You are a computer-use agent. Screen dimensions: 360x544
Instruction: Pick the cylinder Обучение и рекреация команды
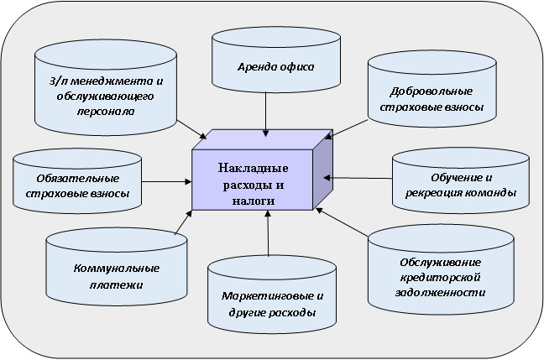tap(459, 183)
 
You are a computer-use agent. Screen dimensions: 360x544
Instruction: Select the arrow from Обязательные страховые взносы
tap(166, 180)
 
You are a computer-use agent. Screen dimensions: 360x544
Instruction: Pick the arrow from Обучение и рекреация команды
tap(359, 177)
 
